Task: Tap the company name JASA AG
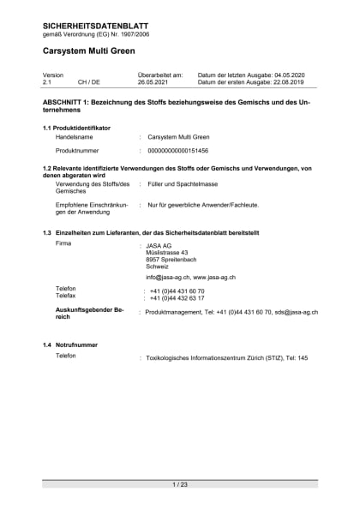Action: pos(160,246)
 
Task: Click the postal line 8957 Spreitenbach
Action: pos(171,260)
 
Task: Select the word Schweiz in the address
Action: pos(158,266)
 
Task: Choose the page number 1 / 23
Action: pos(180,484)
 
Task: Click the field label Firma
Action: pos(63,244)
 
